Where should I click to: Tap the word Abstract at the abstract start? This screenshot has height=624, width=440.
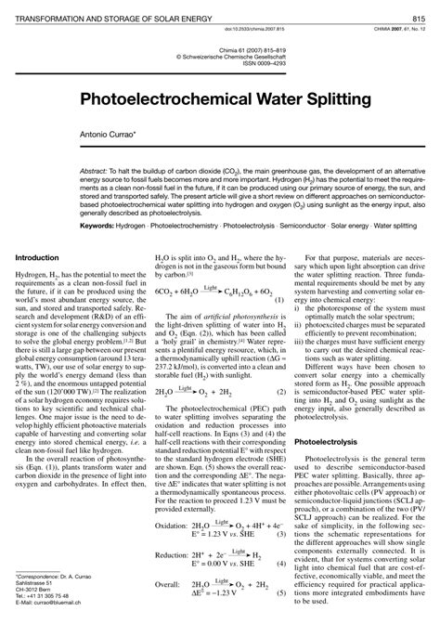point(95,174)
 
